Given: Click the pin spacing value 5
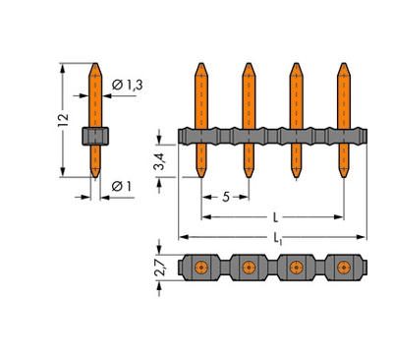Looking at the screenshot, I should tap(225, 197).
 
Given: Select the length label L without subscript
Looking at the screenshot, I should tap(274, 216).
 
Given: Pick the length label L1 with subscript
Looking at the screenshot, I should tap(274, 239).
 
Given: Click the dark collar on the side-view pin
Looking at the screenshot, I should tap(94, 136).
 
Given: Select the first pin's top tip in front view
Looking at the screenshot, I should tap(200, 68).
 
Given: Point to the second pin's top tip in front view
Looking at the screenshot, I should tap(248, 68).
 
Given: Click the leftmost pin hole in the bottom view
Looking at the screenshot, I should tap(200, 268).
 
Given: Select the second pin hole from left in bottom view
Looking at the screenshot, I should tap(248, 268).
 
